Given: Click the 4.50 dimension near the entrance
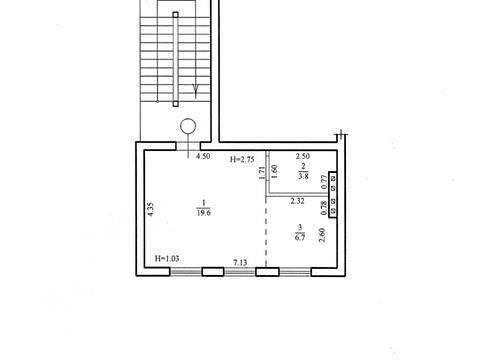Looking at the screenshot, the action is [203, 156].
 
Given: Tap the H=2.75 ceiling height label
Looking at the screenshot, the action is [242, 159].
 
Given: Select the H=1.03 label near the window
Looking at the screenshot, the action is [167, 258].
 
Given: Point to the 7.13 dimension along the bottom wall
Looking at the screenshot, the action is [240, 263].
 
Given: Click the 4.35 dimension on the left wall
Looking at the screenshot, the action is [151, 209].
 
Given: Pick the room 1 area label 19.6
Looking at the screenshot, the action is [204, 213].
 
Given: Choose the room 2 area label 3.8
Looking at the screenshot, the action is [303, 176].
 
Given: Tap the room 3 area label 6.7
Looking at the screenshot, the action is [300, 237].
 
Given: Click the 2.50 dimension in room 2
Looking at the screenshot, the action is [303, 156].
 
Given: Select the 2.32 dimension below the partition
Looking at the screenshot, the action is [297, 201].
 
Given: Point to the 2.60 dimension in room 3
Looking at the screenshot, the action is [322, 235].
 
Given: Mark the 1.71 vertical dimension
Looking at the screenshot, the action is [262, 173].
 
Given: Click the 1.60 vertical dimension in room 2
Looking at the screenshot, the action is [275, 172].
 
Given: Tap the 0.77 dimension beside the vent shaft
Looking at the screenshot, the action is [324, 182].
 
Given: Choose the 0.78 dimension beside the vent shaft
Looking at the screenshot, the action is [324, 208].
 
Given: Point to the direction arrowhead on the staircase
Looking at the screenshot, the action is [196, 89].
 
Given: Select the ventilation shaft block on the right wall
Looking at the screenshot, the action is [333, 195].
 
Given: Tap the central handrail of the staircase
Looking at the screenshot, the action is [176, 59].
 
